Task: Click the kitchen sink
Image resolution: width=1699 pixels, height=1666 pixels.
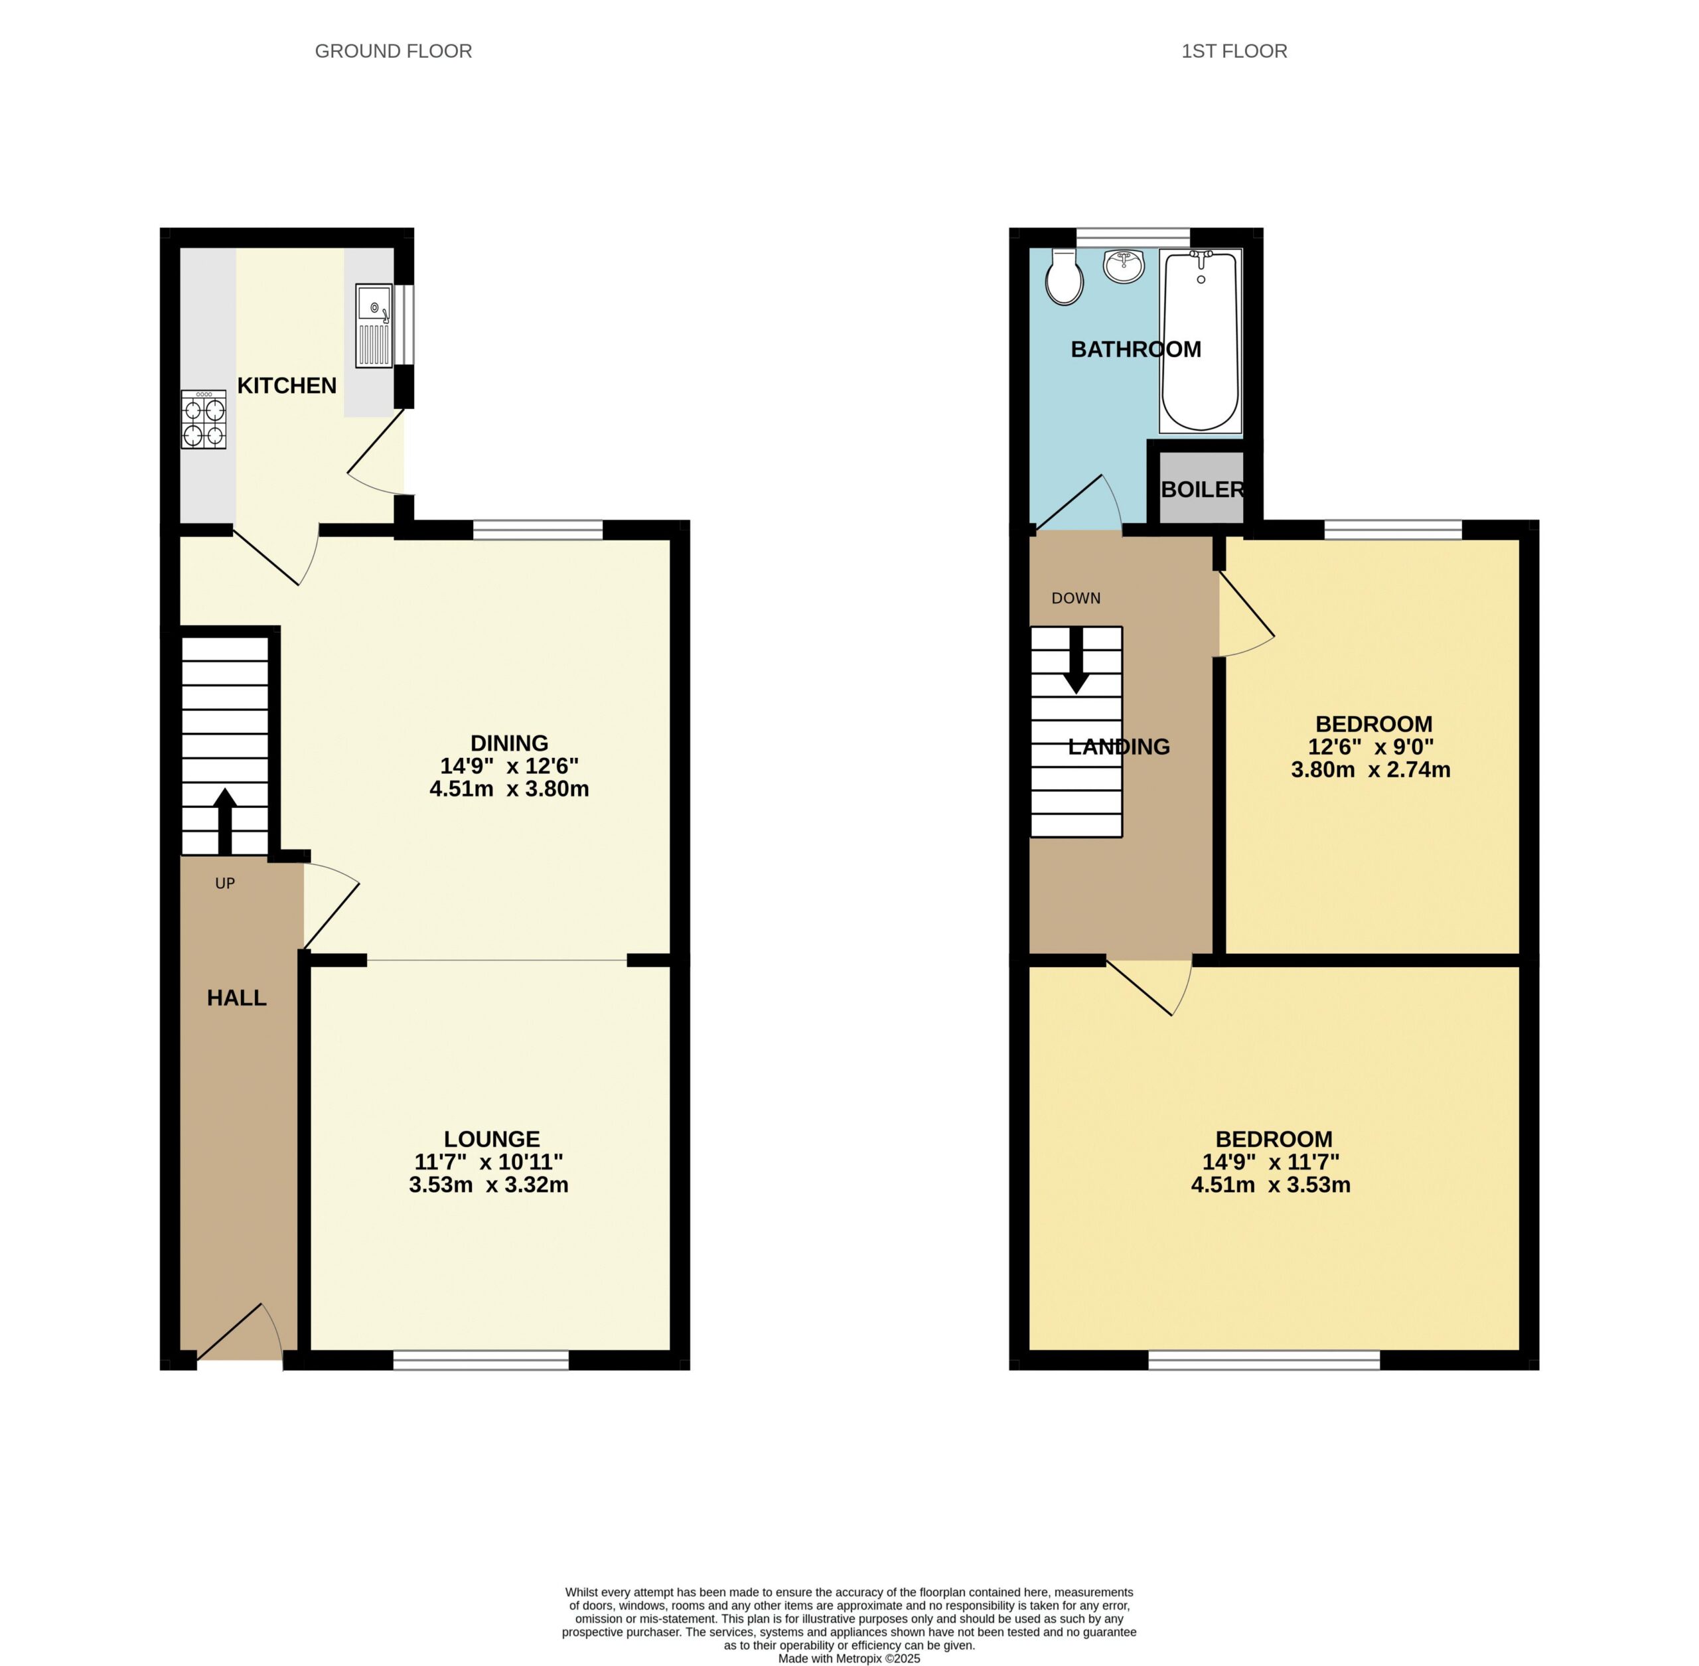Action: (x=374, y=325)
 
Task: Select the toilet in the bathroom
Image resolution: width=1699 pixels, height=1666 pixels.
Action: (x=1064, y=277)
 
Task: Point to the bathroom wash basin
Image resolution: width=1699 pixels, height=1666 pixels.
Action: (x=1124, y=266)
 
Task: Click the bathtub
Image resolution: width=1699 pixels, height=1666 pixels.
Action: (x=1201, y=341)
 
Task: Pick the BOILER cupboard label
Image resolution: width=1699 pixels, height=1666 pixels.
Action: (x=1202, y=489)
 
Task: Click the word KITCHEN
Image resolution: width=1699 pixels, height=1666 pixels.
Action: (x=287, y=385)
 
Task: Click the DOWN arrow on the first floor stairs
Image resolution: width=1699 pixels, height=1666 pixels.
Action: (x=1076, y=660)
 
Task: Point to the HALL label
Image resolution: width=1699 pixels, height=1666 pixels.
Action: (x=237, y=998)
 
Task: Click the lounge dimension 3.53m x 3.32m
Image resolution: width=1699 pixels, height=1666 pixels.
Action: (x=489, y=1185)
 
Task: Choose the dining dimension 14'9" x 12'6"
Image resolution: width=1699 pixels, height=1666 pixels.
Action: (x=509, y=765)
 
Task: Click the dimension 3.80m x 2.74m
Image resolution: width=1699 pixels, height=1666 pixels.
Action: (x=1371, y=770)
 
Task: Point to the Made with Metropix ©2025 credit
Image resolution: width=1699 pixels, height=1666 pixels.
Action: (x=849, y=1658)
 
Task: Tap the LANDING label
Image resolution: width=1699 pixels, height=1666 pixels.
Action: (x=1119, y=746)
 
